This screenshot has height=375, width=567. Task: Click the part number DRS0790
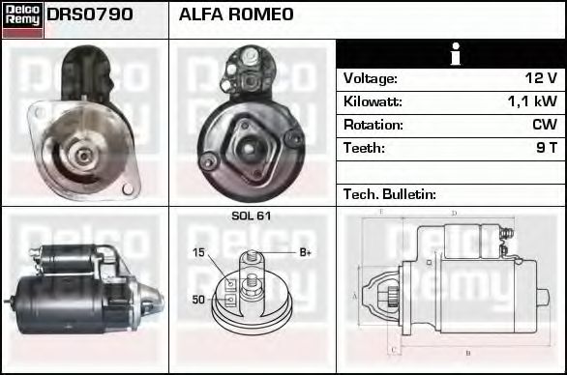point(90,15)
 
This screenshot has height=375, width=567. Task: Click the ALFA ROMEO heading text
point(236,15)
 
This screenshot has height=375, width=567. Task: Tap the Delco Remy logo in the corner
point(22,18)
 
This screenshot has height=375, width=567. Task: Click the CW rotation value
point(544,125)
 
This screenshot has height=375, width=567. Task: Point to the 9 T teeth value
point(547,148)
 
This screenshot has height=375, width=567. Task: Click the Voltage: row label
point(371,78)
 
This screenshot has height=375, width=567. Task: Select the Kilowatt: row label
point(373,101)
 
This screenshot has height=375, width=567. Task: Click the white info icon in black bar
point(451,54)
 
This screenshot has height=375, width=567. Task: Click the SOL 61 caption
point(251,216)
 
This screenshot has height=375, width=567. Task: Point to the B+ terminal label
point(305,253)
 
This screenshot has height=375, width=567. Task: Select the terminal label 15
point(198,253)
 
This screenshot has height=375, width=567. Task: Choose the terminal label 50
point(198,300)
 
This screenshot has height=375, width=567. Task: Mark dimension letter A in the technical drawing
point(354,296)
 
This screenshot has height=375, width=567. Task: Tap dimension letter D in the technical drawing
point(453,213)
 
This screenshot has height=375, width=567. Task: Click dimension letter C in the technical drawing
point(392,350)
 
